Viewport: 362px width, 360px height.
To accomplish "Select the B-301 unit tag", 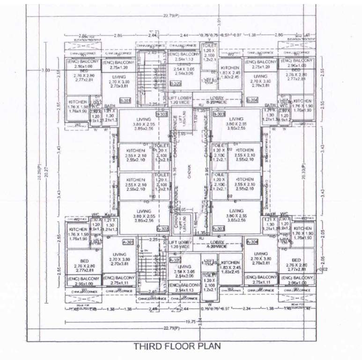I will [125, 100].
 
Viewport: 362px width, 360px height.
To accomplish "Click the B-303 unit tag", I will [218, 114].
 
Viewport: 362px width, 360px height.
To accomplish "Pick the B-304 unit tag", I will [252, 100].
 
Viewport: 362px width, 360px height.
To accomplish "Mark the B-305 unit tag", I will [175, 83].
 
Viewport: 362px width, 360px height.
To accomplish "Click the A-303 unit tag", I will [218, 229].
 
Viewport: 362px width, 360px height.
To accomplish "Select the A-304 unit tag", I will [252, 242].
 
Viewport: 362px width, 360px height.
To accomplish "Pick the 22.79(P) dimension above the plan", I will [170, 15].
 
